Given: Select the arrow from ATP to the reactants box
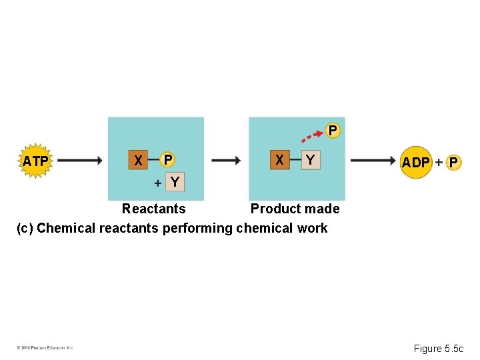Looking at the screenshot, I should (79, 161).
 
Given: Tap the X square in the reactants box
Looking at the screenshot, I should (138, 160).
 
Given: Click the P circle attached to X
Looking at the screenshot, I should (168, 159).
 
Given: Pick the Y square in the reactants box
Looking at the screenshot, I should (175, 182).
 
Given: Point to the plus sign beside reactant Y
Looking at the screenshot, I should (157, 182).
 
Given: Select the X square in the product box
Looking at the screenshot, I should (280, 160).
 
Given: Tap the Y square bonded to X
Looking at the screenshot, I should (311, 160).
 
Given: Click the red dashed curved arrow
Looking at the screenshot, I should (313, 135).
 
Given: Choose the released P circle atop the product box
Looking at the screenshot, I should (333, 130).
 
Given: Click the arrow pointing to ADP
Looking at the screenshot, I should (373, 161).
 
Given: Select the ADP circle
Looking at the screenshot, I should (416, 162).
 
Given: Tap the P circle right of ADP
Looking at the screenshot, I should (453, 162).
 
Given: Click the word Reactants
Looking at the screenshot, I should (153, 209).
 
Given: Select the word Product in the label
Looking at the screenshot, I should (274, 209).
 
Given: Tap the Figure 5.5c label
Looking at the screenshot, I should (442, 348).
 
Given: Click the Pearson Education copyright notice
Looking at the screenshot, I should (45, 347).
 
